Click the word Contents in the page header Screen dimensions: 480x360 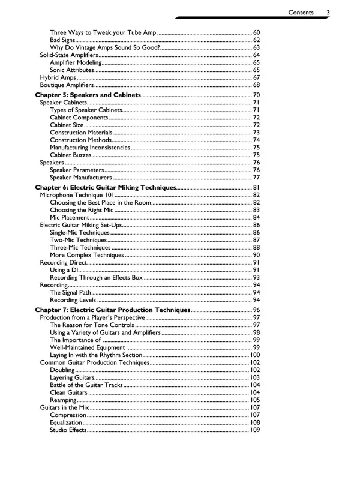pyautogui.click(x=304, y=12)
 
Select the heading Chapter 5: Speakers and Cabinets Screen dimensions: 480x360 pyautogui.click(x=88, y=95)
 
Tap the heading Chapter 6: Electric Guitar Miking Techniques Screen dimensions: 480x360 pyautogui.click(x=106, y=188)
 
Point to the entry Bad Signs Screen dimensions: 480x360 pyautogui.click(x=62, y=40)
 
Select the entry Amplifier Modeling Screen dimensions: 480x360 pyautogui.click(x=76, y=62)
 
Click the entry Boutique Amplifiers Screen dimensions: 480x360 pyautogui.click(x=65, y=85)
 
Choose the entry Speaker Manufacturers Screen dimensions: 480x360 pyautogui.click(x=80, y=178)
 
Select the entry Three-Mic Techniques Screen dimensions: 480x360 pyautogui.click(x=80, y=247)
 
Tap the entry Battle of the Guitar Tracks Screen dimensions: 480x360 pyautogui.click(x=86, y=385)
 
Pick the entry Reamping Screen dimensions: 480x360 pyautogui.click(x=64, y=400)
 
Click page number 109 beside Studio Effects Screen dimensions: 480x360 pyautogui.click(x=255, y=430)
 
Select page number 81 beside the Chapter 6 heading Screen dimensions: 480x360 pyautogui.click(x=256, y=188)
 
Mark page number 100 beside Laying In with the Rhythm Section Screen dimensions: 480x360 pyautogui.click(x=255, y=355)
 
